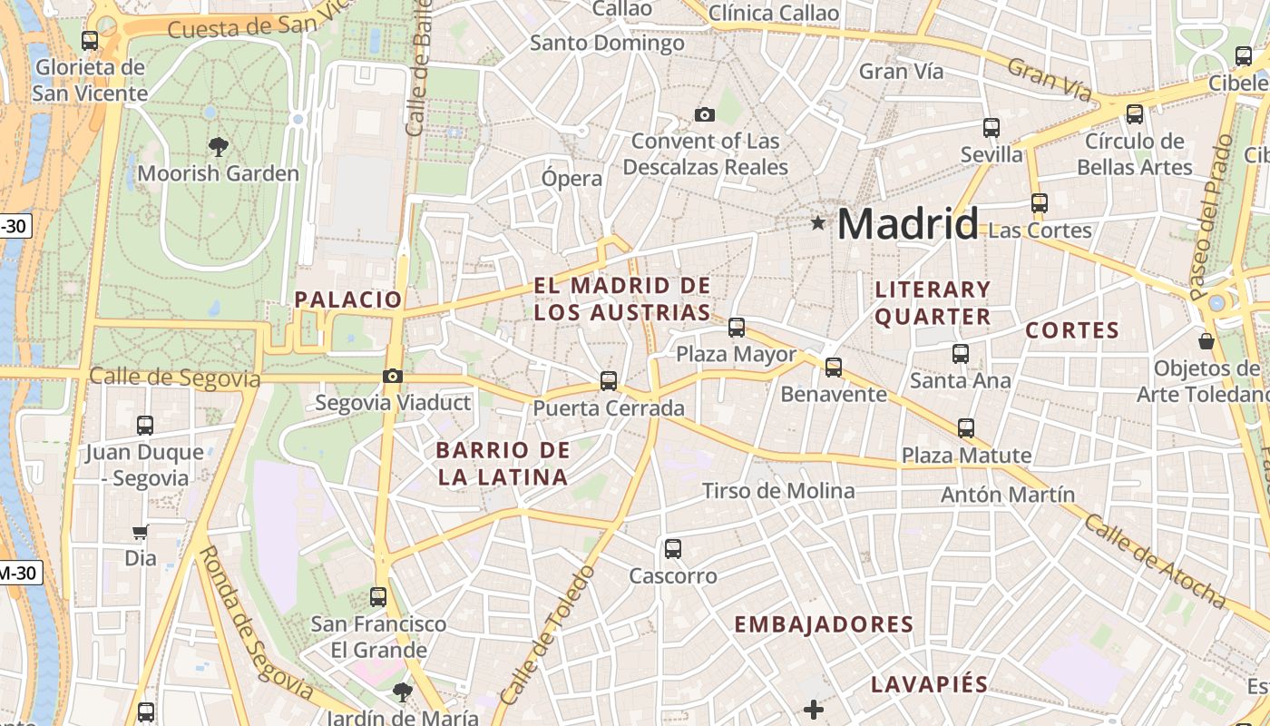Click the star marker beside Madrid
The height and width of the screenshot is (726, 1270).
(x=818, y=222)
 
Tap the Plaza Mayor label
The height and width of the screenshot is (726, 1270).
(x=736, y=354)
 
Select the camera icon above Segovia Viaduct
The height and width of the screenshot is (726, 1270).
(x=393, y=376)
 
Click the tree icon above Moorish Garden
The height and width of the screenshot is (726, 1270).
(x=218, y=146)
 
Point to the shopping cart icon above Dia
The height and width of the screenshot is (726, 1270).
(x=140, y=532)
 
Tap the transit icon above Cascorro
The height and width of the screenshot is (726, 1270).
(x=672, y=548)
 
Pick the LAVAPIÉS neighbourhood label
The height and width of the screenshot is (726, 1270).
(x=929, y=684)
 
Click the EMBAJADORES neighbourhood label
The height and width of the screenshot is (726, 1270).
(x=823, y=624)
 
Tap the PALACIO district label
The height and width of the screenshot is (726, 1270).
(x=347, y=299)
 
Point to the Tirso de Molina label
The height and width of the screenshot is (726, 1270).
(x=778, y=491)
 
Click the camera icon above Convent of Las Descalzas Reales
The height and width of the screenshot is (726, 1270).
(x=704, y=114)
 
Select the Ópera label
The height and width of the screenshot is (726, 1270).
(x=571, y=178)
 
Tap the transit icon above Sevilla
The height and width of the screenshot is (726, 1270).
(x=992, y=128)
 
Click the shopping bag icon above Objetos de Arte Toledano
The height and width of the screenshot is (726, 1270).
(x=1206, y=341)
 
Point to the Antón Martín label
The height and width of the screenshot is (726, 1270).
(x=1007, y=495)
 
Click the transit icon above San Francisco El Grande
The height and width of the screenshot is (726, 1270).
(x=378, y=597)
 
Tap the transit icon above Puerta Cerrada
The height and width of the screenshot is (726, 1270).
(x=609, y=381)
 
